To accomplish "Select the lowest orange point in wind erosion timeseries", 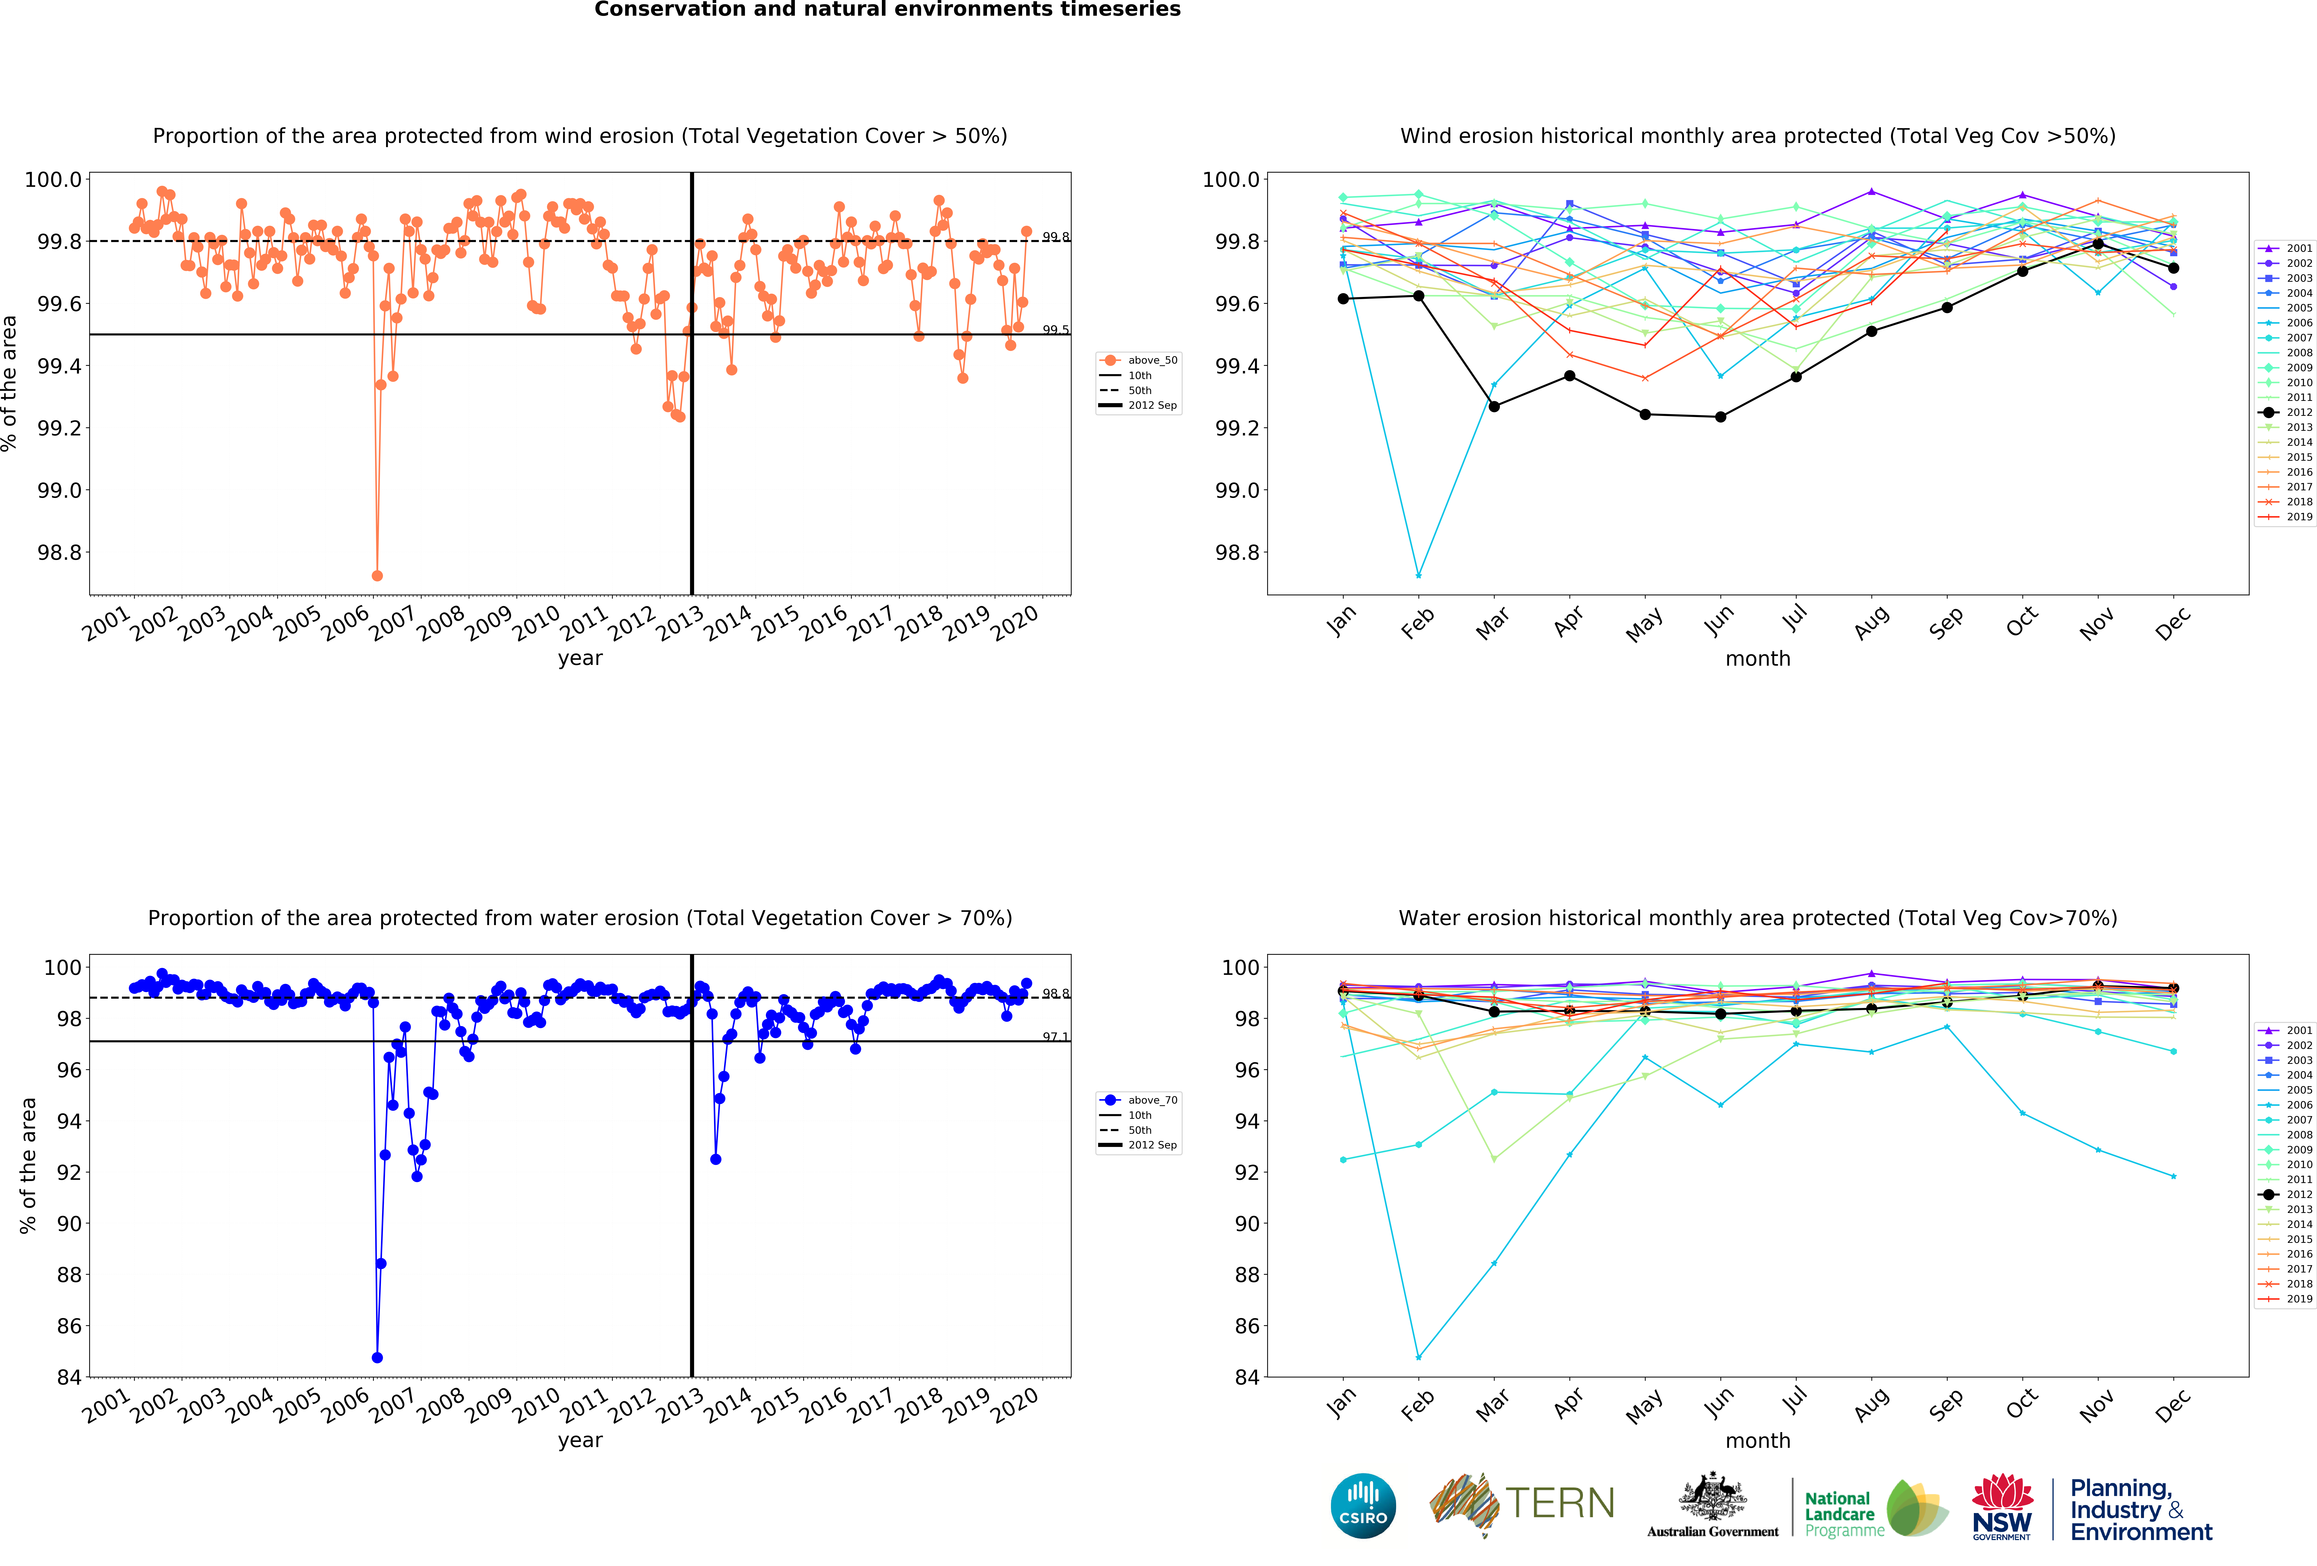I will [377, 575].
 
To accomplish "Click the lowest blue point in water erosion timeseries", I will [377, 1358].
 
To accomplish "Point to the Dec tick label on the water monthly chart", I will [2172, 1404].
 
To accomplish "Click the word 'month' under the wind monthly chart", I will [1758, 658].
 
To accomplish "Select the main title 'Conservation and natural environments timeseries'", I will [887, 10].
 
